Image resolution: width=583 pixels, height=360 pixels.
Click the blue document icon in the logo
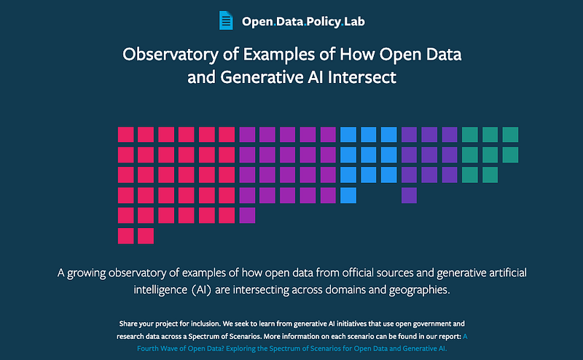(226, 20)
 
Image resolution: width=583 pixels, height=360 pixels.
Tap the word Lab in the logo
(354, 21)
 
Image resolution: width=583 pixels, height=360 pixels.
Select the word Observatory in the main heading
(171, 55)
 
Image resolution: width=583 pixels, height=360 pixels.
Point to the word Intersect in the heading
(361, 77)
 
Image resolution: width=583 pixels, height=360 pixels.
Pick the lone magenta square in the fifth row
(247, 215)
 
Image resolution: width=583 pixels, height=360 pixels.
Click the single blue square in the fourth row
(348, 195)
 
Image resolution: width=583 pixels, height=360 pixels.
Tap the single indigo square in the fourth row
(409, 195)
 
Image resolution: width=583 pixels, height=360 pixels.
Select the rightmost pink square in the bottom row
(146, 236)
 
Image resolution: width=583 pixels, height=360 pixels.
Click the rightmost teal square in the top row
(510, 135)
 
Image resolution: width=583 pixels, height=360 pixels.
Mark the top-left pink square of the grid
(125, 135)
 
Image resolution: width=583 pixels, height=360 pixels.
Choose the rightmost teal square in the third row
(490, 175)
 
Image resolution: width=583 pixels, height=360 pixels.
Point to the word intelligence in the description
(160, 290)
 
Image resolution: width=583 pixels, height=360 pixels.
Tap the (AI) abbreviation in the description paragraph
(202, 290)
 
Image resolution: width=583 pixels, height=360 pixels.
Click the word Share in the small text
(127, 324)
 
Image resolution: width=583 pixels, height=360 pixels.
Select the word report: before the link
(450, 337)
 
